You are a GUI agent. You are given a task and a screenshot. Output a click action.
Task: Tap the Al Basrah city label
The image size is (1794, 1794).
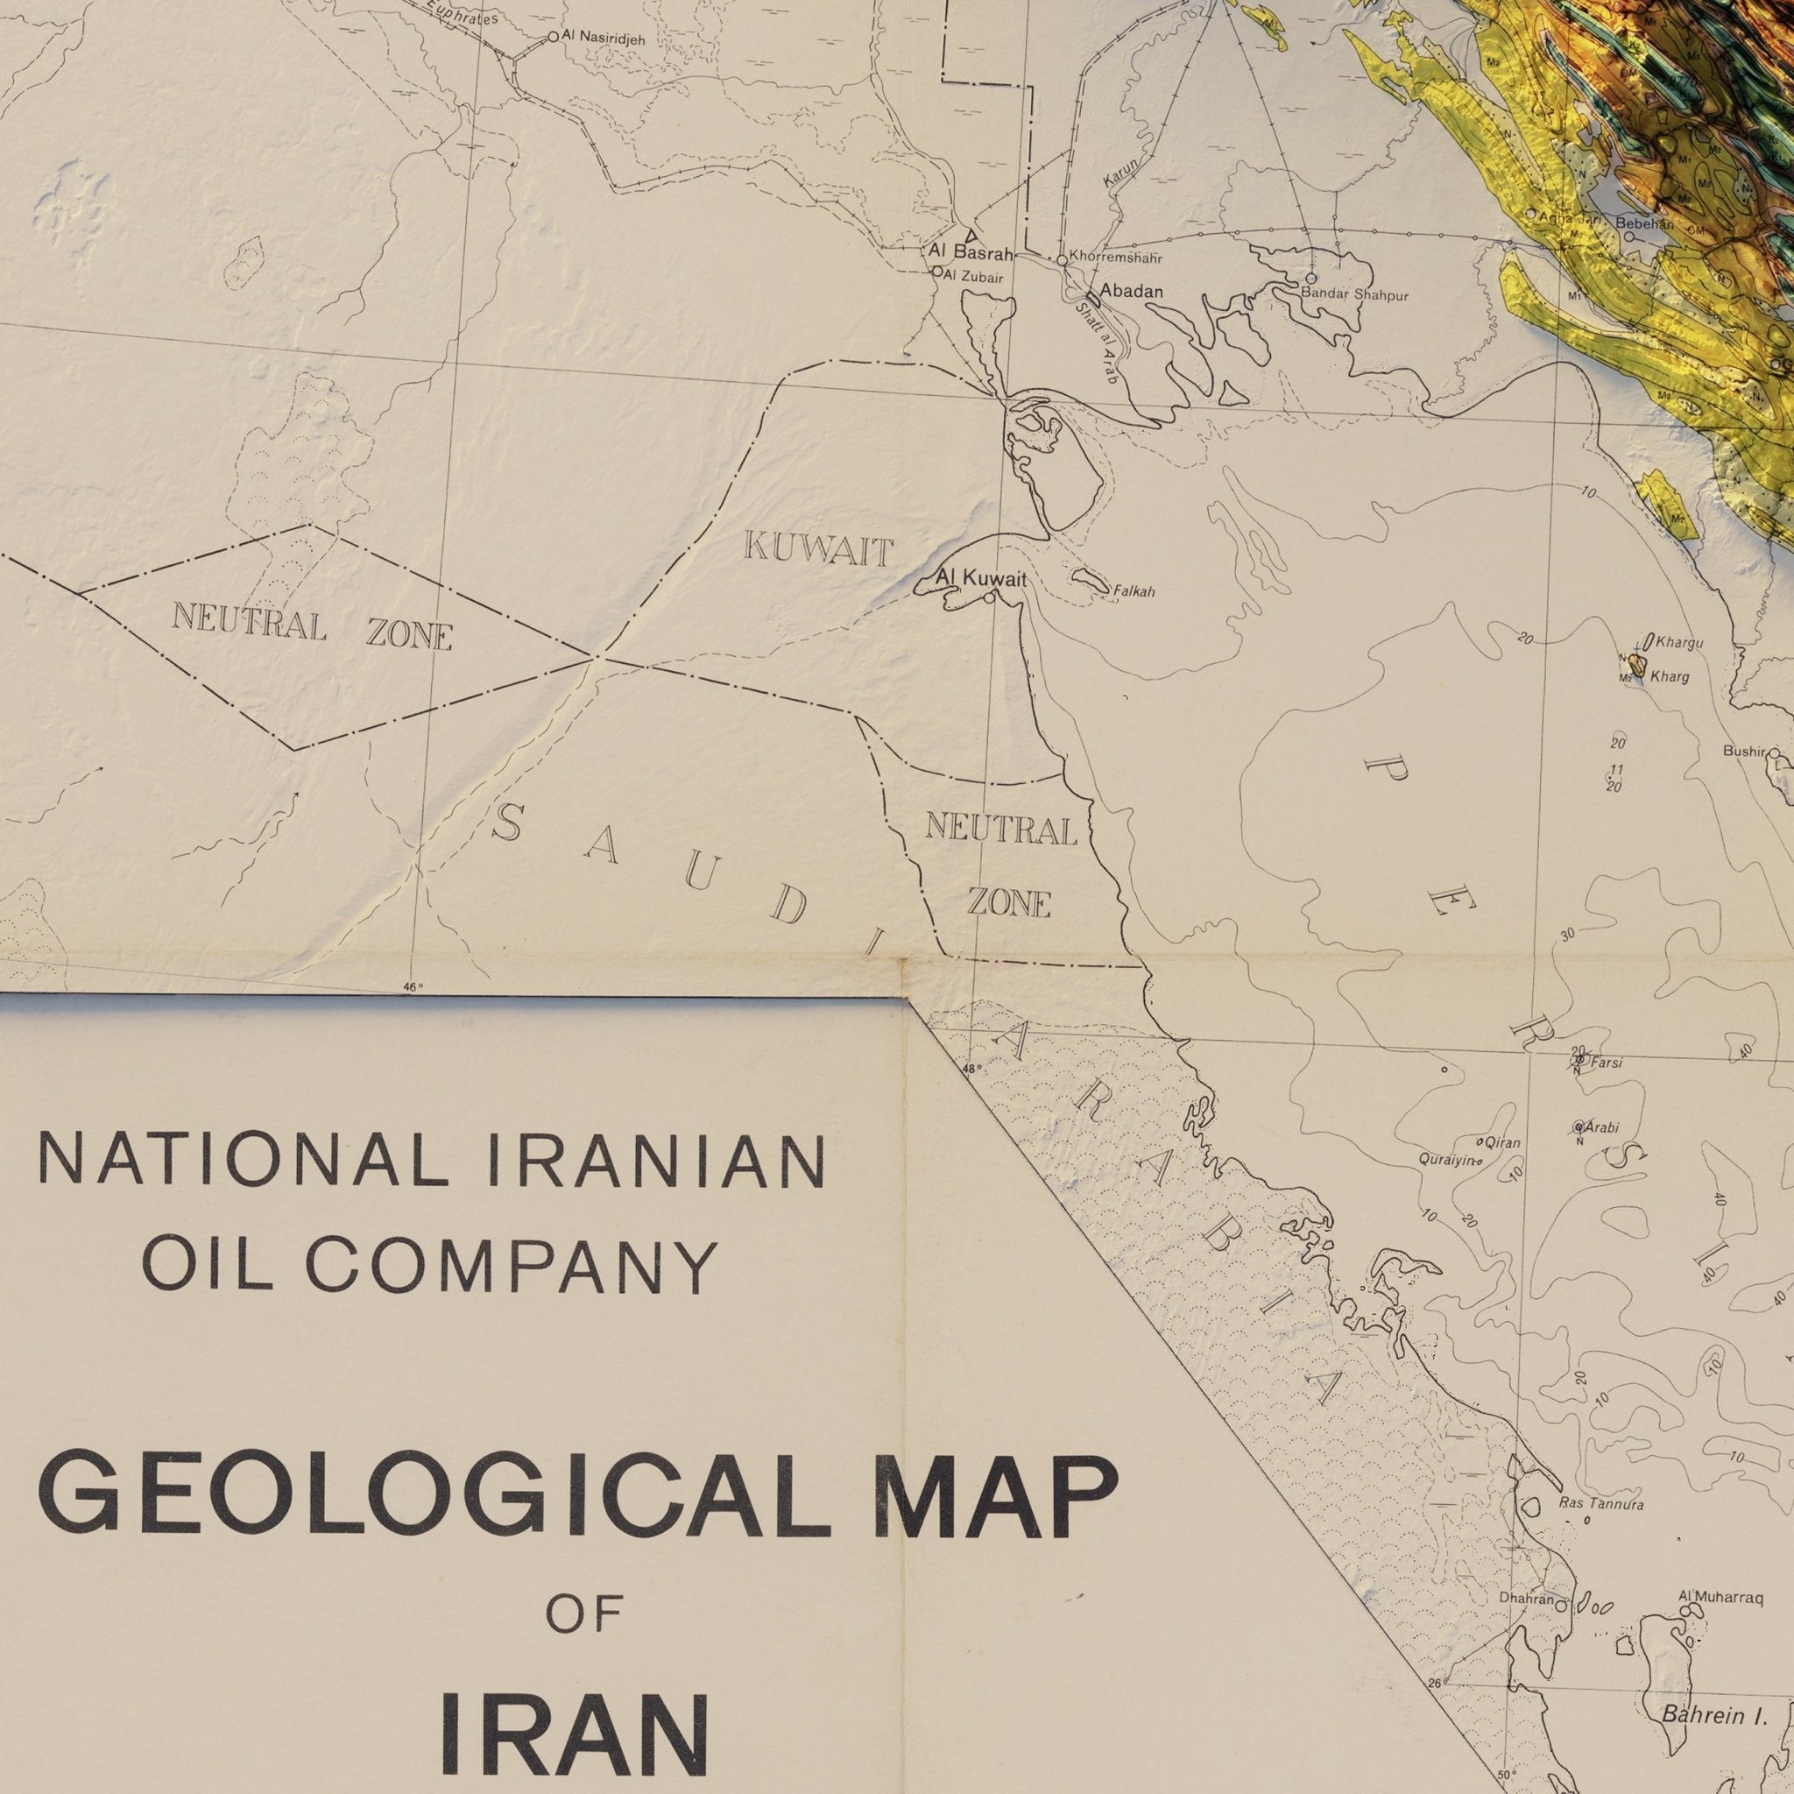(x=969, y=251)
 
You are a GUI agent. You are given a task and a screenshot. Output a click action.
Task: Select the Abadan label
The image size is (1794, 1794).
(x=1130, y=292)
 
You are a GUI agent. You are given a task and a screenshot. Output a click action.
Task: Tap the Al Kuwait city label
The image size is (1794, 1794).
(x=980, y=578)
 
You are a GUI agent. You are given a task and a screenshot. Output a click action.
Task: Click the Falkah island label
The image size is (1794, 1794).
(x=1134, y=591)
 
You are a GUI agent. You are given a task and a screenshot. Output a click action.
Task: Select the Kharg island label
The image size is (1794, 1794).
(x=1670, y=677)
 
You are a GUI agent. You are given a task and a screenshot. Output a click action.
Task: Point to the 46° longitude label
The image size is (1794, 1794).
(x=413, y=987)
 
